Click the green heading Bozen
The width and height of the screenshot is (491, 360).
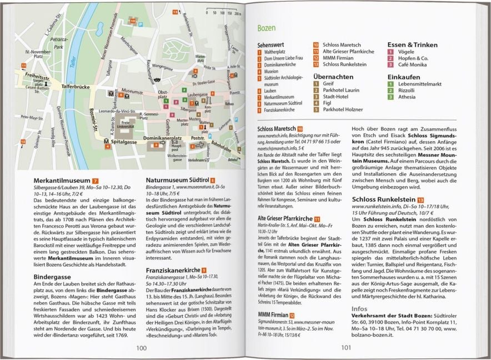268,27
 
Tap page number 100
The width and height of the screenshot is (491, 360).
142,348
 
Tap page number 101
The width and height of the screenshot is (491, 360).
346,348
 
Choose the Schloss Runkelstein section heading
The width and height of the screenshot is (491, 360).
385,199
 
